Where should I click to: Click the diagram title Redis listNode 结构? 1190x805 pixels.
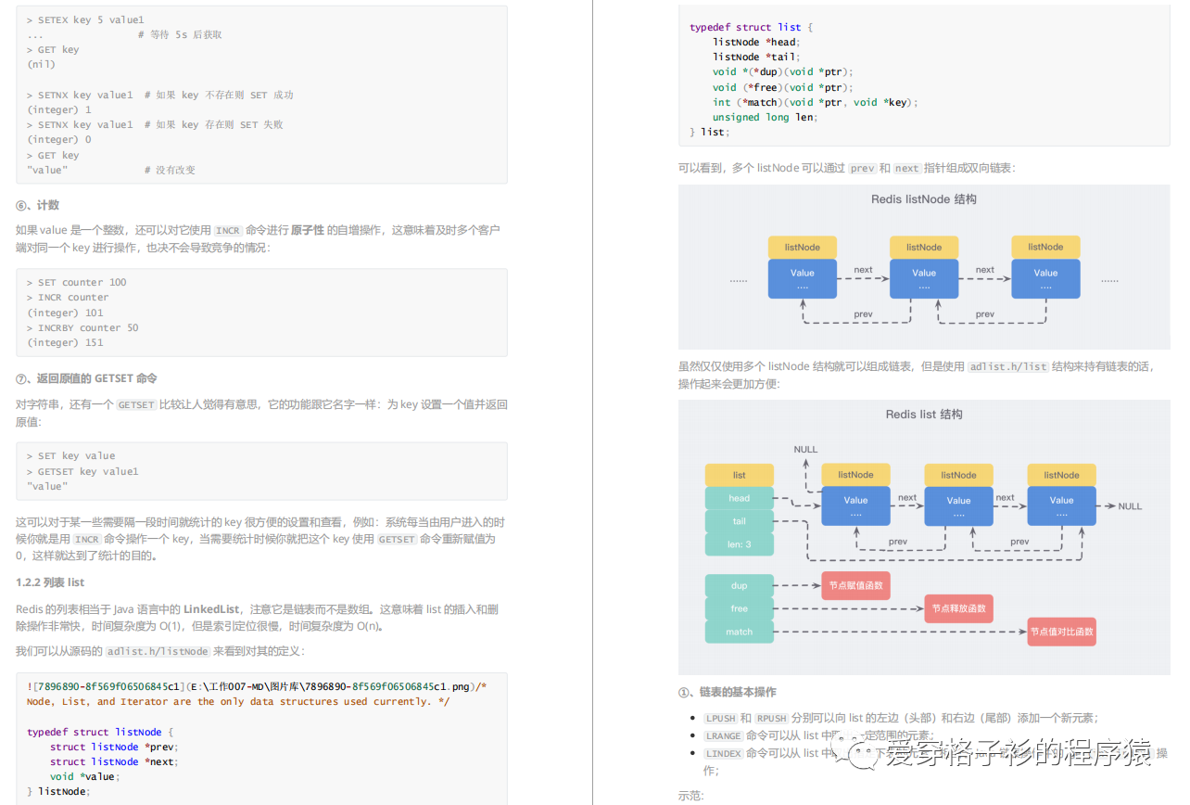click(923, 199)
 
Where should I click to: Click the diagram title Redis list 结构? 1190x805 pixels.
click(923, 415)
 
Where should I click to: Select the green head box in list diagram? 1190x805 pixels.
click(739, 498)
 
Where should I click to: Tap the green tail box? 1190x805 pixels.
click(739, 521)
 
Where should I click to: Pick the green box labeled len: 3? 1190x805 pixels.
click(739, 544)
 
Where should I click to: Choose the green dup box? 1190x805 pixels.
click(739, 585)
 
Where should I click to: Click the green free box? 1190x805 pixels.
click(739, 608)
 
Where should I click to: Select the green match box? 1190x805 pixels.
click(739, 632)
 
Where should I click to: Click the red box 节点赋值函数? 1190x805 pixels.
click(855, 585)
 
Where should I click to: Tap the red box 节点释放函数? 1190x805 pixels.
click(958, 608)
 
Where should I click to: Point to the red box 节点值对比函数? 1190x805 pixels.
click(1061, 632)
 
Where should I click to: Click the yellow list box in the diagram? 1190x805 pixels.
click(739, 475)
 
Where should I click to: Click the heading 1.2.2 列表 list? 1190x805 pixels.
click(50, 582)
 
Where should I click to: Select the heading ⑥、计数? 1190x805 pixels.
click(38, 205)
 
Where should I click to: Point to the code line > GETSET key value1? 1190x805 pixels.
click(82, 471)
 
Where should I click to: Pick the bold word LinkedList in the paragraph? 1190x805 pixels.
click(211, 609)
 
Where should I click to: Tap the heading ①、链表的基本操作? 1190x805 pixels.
click(728, 692)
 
